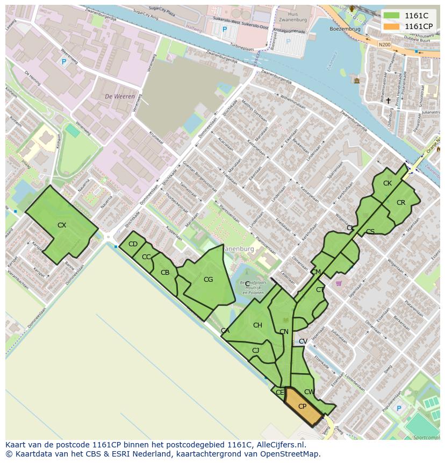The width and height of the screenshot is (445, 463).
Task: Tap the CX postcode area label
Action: (62, 225)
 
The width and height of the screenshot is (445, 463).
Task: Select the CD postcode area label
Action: (133, 244)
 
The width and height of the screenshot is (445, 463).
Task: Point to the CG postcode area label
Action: (208, 279)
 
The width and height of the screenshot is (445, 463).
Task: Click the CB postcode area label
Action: (165, 273)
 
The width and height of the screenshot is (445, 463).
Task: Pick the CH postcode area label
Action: (257, 325)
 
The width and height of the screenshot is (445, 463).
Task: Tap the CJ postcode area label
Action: (255, 351)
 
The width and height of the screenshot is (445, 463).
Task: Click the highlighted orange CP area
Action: (303, 407)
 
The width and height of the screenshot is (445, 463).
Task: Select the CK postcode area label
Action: (387, 183)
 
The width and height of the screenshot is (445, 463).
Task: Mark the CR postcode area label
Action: (400, 203)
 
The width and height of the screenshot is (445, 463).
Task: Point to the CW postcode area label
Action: (309, 392)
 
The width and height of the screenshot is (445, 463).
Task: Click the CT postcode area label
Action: (320, 290)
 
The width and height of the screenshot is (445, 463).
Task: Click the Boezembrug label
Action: (344, 29)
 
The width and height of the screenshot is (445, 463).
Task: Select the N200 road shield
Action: (384, 45)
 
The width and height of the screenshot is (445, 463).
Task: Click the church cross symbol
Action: (388, 101)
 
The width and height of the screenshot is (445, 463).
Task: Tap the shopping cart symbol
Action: (339, 283)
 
